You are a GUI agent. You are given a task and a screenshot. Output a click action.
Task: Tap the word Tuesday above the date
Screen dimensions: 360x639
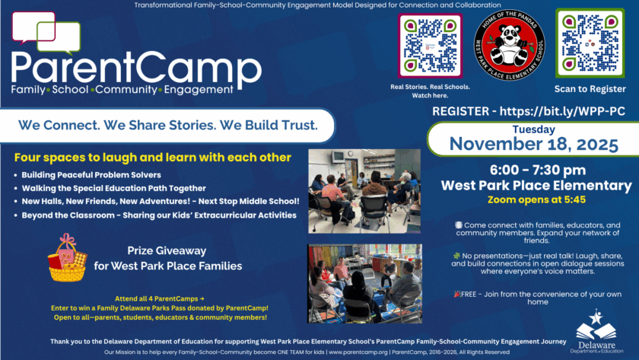(x=533, y=129)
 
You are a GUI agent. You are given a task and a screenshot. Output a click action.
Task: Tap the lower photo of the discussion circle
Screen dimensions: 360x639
(x=364, y=282)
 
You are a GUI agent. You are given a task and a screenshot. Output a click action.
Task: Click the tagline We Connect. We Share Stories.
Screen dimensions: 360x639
(x=167, y=123)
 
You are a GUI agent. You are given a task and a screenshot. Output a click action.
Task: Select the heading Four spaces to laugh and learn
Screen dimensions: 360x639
(x=152, y=158)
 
